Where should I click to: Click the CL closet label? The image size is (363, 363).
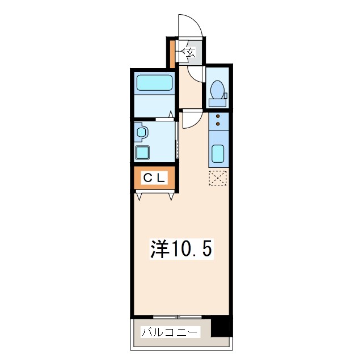[154, 178]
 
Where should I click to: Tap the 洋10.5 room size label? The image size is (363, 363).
[181, 249]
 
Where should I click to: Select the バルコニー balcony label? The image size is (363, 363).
[171, 332]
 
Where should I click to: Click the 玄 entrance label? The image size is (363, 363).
[191, 52]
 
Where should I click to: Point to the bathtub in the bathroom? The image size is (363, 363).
[154, 83]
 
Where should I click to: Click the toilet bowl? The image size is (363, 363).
[218, 90]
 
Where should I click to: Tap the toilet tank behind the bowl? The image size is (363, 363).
[218, 103]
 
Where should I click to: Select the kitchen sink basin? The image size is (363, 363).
[218, 154]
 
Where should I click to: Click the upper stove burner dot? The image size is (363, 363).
[218, 116]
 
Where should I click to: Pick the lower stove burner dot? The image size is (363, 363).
[218, 124]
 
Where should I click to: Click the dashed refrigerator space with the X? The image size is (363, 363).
[218, 178]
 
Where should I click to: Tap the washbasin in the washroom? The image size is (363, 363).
[141, 132]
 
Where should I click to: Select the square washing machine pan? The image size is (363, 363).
[142, 153]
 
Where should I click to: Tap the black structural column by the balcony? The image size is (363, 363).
[221, 327]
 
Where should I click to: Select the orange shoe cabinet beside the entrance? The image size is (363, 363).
[172, 54]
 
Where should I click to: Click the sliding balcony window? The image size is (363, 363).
[178, 316]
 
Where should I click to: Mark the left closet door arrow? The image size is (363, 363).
[139, 196]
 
